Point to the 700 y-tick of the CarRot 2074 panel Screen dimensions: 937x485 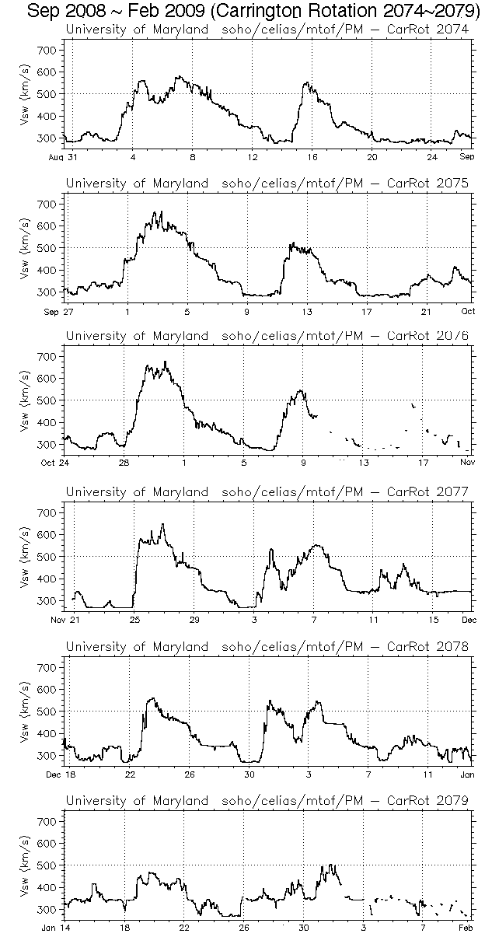(x=47, y=50)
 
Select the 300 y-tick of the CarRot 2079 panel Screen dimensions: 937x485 (x=47, y=909)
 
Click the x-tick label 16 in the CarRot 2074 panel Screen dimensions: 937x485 (x=312, y=157)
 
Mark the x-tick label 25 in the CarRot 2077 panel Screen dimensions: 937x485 (x=134, y=619)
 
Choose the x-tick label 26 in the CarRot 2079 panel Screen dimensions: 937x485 (x=243, y=927)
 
